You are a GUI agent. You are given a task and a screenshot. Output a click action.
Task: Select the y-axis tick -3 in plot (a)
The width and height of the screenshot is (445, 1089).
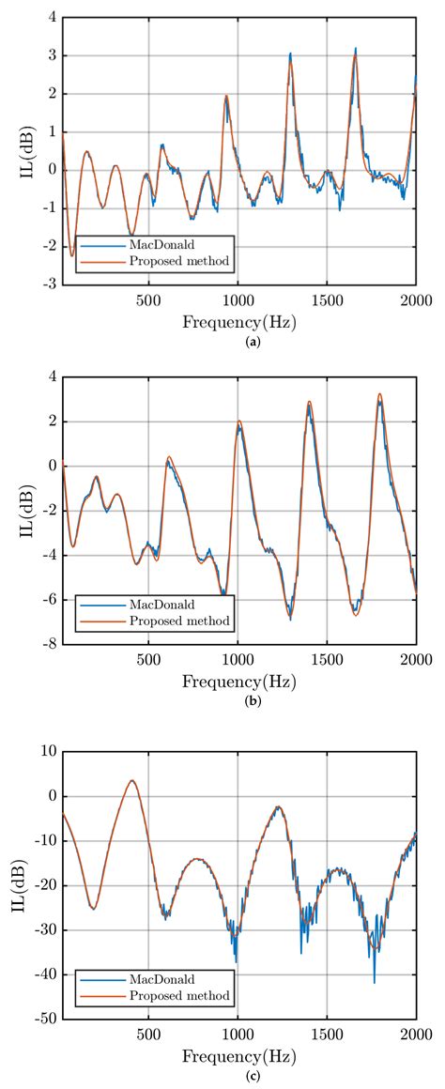(47, 283)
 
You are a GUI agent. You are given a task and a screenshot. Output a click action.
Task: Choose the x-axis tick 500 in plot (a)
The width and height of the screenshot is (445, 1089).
(148, 300)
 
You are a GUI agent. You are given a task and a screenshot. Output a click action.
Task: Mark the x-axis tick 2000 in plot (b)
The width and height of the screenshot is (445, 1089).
(415, 662)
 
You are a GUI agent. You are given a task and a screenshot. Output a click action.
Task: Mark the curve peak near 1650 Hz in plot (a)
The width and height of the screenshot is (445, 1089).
(355, 49)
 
